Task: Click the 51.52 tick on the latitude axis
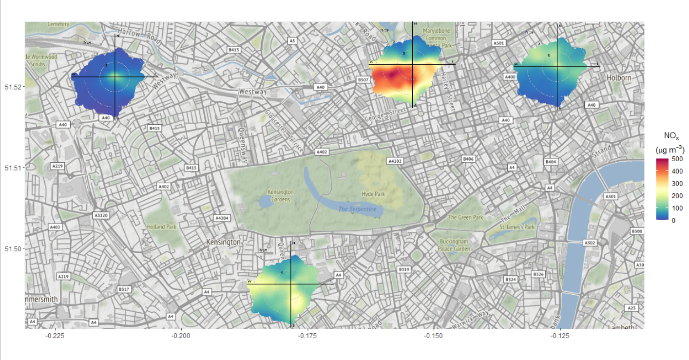click(x=13, y=87)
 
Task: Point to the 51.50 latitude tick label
click(x=13, y=249)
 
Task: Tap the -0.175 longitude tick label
click(x=307, y=336)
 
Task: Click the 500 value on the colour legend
click(x=677, y=159)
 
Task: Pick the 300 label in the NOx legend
click(x=677, y=184)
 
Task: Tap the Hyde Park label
click(x=373, y=194)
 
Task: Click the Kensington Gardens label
click(x=281, y=196)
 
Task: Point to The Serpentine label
click(x=358, y=209)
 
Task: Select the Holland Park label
click(x=161, y=227)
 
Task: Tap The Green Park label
click(x=465, y=217)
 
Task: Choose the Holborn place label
click(x=619, y=78)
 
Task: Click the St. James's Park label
click(x=517, y=227)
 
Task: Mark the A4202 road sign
click(x=395, y=161)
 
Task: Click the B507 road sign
click(x=363, y=79)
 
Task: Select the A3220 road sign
click(x=100, y=214)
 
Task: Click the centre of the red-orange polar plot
click(x=413, y=64)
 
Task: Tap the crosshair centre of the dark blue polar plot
click(x=115, y=76)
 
